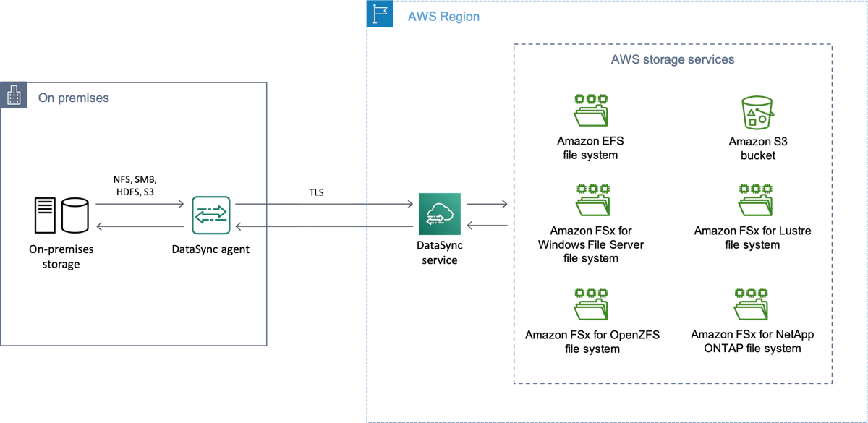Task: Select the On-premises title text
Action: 72,97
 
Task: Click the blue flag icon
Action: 380,15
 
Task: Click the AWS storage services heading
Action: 671,61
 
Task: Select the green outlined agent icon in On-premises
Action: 211,214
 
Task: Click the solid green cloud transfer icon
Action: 440,214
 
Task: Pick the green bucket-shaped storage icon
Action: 757,113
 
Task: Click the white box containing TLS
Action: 326,202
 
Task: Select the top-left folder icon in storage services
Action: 592,110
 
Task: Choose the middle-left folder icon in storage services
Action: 592,199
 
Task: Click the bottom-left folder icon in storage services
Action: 592,304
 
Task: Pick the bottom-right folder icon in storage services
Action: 752,304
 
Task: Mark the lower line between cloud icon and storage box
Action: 486,228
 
